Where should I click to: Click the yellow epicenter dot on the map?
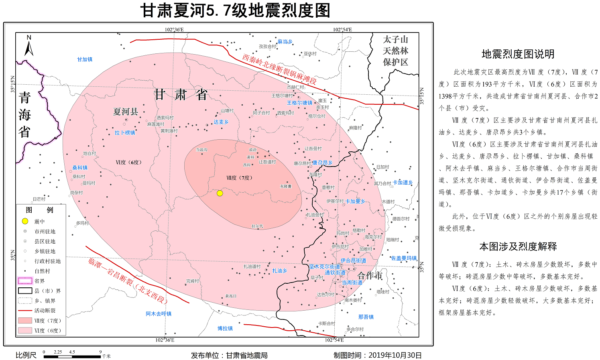tap(220, 193)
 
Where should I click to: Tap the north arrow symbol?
tap(29, 46)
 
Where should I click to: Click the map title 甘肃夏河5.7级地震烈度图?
tap(235, 10)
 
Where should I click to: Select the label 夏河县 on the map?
tap(126, 112)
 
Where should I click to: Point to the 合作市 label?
tap(370, 276)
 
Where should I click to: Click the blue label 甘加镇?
tap(85, 59)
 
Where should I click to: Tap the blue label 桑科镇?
tap(80, 168)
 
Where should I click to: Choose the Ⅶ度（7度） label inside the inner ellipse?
tap(239, 178)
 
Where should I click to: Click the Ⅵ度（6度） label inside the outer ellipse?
tap(128, 162)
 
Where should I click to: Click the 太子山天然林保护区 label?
tap(395, 51)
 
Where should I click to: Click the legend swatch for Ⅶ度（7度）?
tap(25, 320)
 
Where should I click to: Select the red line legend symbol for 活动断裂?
tap(25, 311)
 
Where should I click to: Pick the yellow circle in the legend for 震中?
tap(25, 221)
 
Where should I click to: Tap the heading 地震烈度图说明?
tap(518, 54)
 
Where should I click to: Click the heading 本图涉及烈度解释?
tap(518, 246)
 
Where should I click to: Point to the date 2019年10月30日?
tap(395, 355)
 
